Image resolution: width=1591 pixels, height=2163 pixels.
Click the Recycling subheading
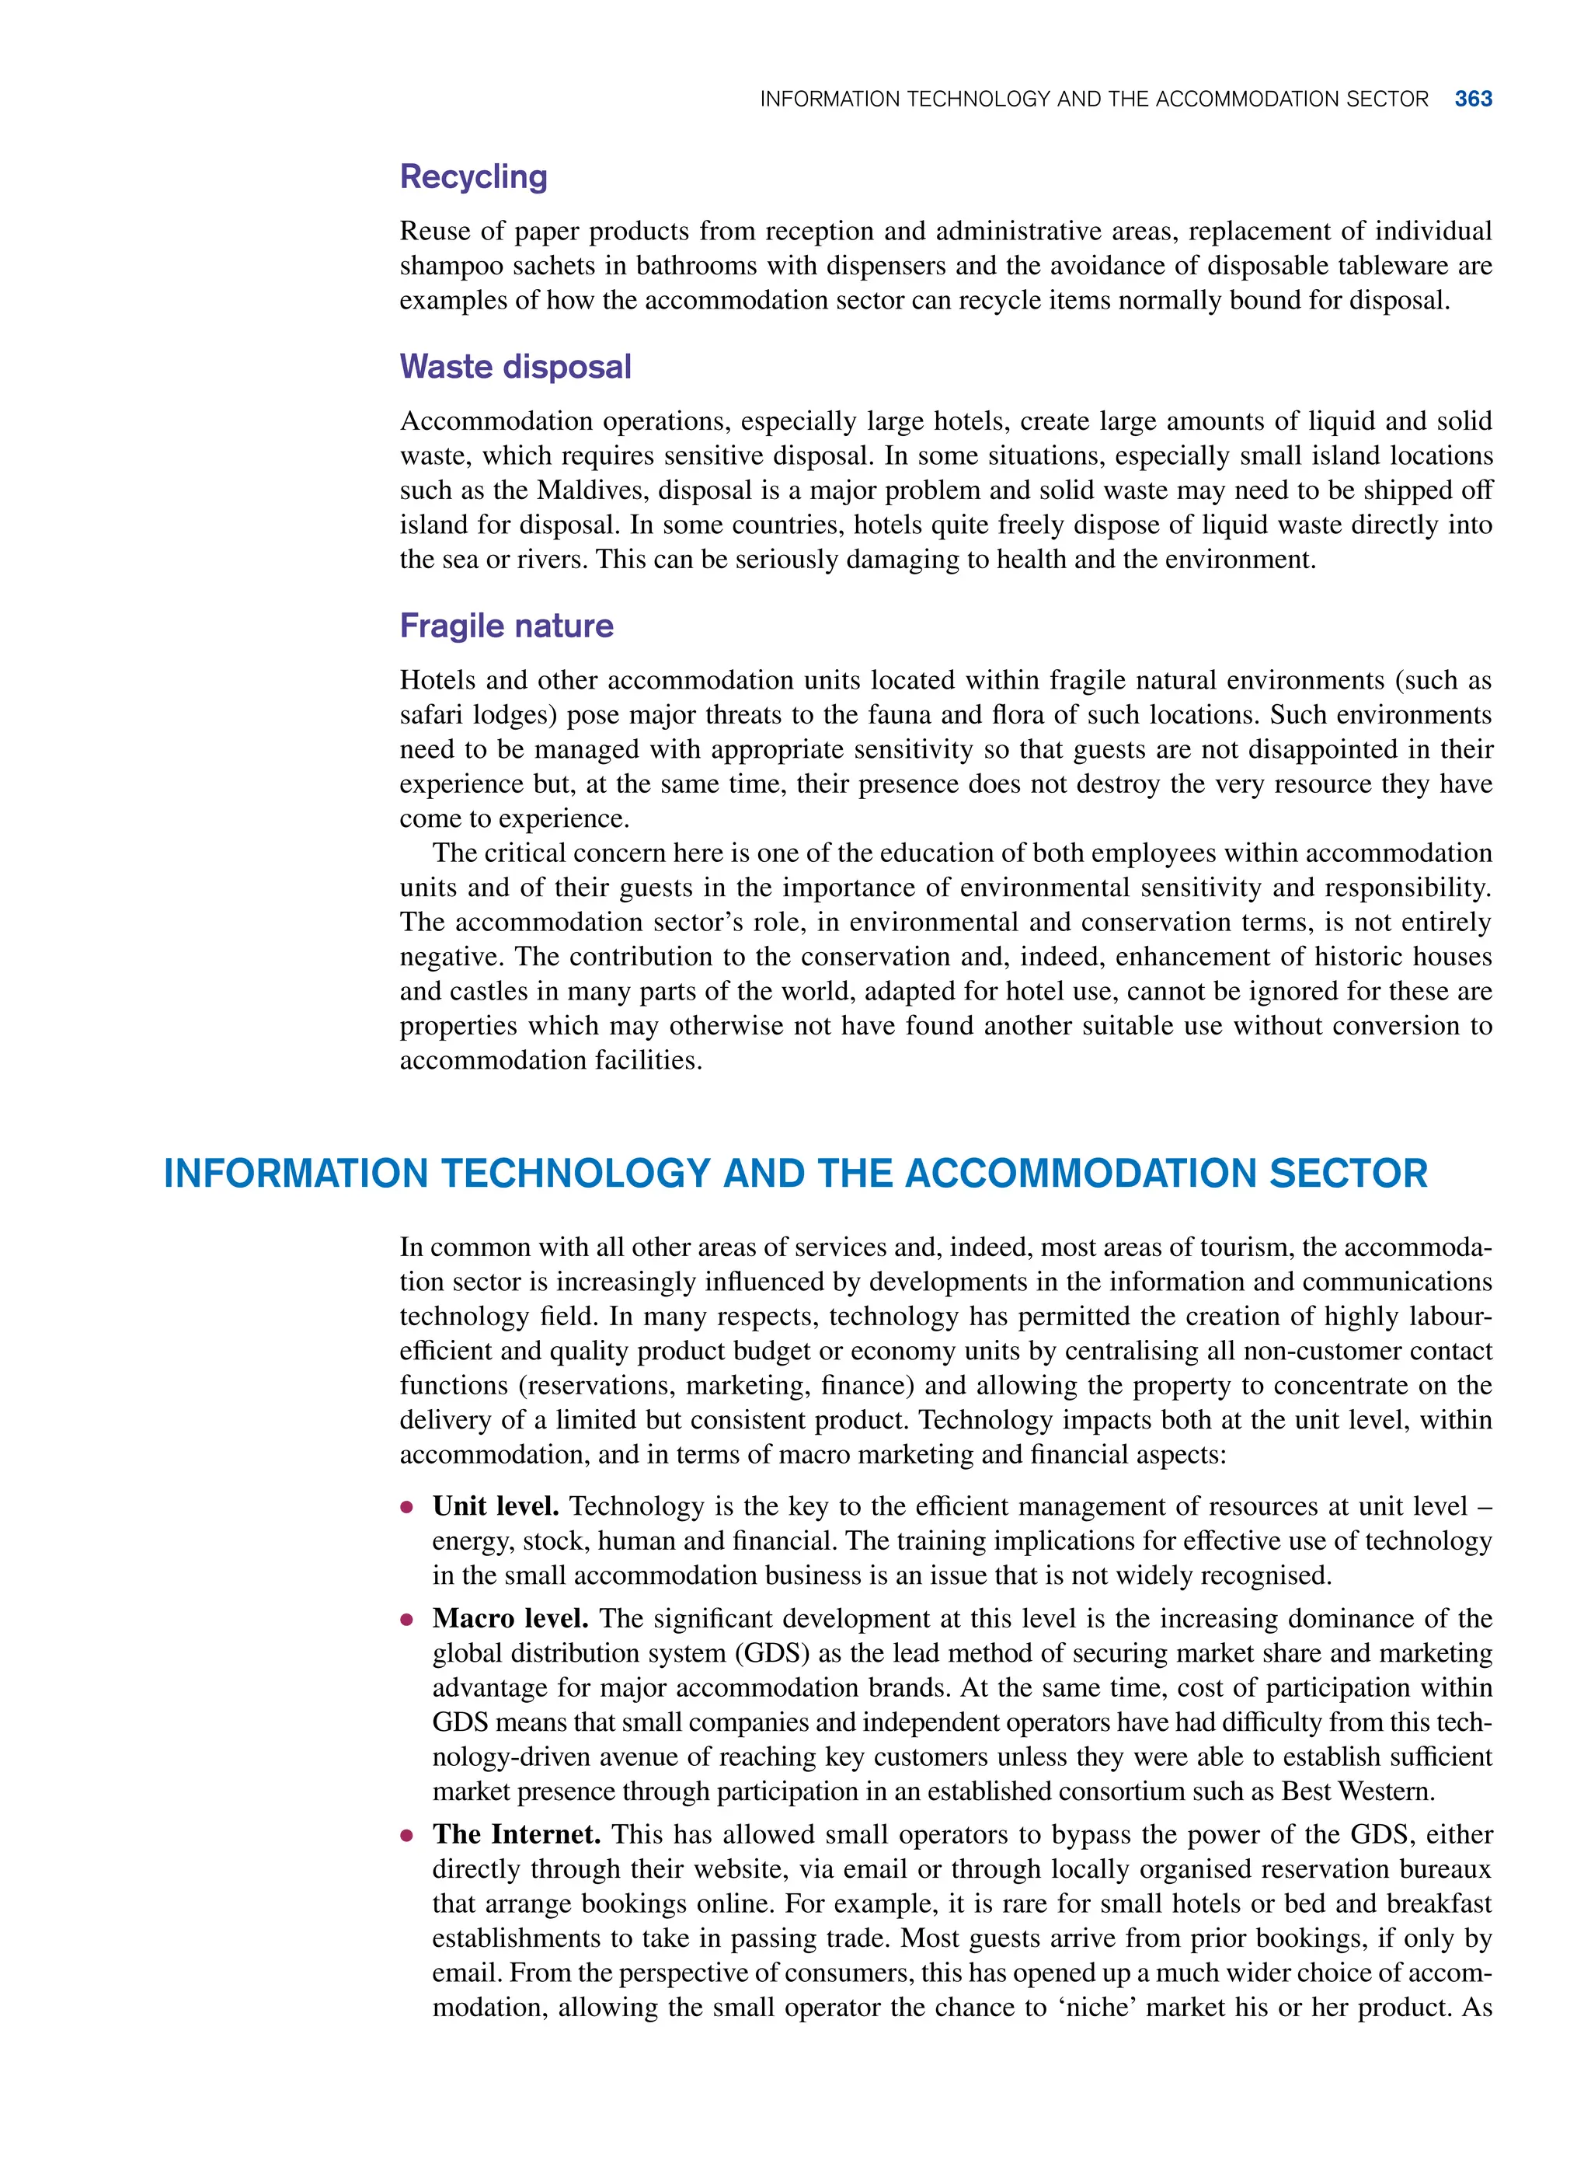click(x=473, y=176)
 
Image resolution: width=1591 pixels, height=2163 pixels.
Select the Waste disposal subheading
click(x=515, y=366)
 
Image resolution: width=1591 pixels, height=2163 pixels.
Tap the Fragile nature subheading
click(x=507, y=626)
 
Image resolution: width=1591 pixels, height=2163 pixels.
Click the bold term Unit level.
click(x=495, y=1506)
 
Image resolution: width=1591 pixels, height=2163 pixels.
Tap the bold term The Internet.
click(x=516, y=1833)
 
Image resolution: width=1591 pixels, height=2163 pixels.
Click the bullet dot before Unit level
click(x=407, y=1507)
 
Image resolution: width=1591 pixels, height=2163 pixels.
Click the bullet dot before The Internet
click(x=407, y=1836)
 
